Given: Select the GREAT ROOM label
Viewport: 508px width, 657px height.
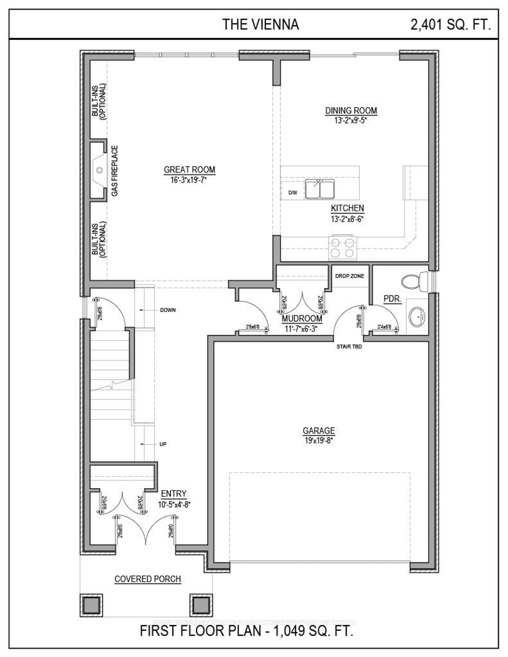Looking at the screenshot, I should [189, 170].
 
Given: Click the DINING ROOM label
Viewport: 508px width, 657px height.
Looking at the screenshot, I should [351, 111].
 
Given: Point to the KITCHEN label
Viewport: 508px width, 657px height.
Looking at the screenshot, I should [347, 208].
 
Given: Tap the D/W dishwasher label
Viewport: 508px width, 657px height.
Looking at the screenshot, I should [292, 193].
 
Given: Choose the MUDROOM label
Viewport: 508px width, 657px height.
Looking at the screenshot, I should [302, 319].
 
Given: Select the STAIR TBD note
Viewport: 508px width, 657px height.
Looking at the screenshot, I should [349, 347].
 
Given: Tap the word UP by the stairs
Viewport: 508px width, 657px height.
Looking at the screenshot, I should [163, 444].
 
